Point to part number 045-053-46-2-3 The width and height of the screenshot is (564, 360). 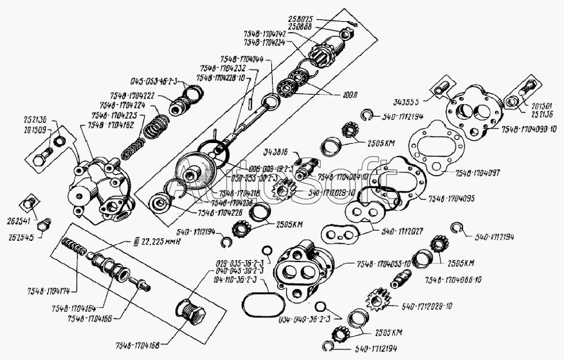[154, 82]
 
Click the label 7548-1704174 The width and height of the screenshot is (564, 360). [47, 292]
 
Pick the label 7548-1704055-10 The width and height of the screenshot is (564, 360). [384, 263]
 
